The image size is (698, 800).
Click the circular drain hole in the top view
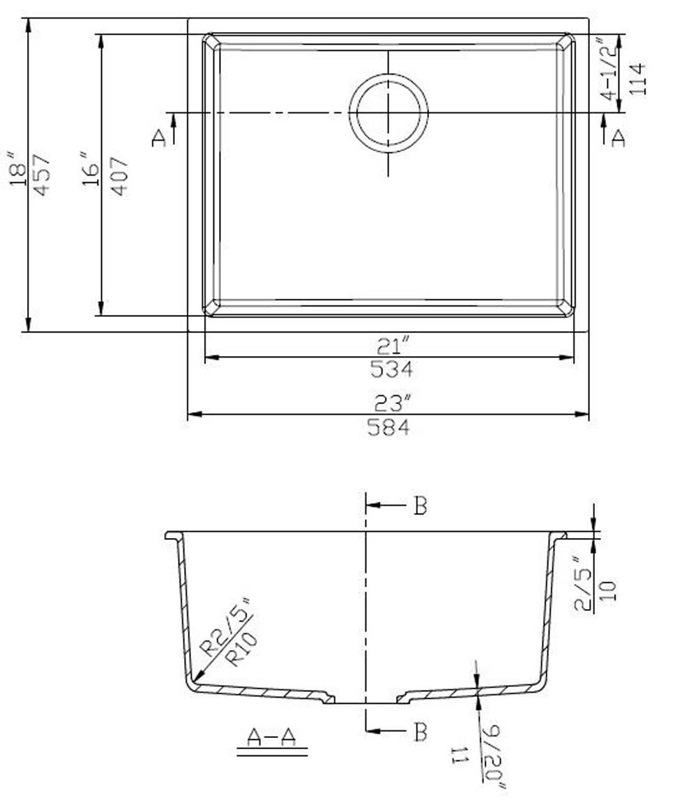388,113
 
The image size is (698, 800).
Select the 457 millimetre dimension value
42,174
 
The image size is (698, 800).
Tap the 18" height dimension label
19,168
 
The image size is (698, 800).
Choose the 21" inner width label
393,345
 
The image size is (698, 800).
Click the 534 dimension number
391,369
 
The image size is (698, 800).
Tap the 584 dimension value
388,428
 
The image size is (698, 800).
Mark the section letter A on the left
159,138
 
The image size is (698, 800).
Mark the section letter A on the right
618,138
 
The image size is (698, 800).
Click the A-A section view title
272,737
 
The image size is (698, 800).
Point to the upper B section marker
420,507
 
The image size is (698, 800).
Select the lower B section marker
420,732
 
